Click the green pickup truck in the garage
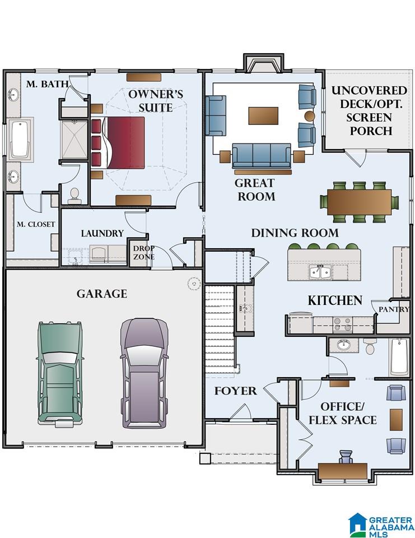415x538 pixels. click(60, 374)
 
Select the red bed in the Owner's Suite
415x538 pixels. click(118, 143)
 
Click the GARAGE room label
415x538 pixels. click(102, 294)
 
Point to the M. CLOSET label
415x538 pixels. click(36, 224)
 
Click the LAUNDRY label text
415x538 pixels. click(102, 233)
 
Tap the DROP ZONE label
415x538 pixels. click(144, 253)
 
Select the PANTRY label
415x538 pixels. click(394, 309)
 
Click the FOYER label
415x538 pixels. click(235, 391)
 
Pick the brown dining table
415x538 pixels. click(360, 202)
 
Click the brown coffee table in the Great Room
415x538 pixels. click(263, 115)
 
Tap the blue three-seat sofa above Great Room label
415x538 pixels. click(262, 156)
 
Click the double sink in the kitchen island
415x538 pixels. click(320, 272)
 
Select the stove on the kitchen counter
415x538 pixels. click(343, 324)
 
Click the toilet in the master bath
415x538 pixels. click(74, 195)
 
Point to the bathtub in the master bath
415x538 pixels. click(21, 138)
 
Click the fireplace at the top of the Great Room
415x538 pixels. click(263, 63)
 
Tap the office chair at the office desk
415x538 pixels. click(346, 457)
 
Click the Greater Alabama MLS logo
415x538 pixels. click(381, 525)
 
